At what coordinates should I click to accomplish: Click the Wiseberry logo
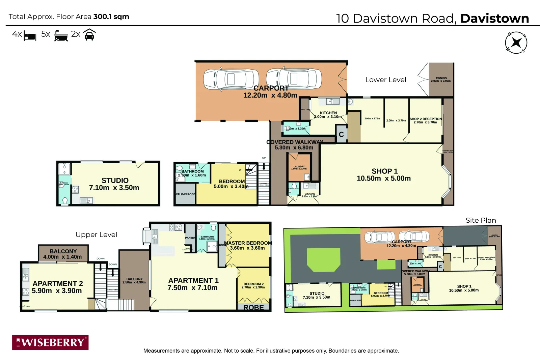tap(50, 342)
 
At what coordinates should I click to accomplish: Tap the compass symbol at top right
tap(516, 43)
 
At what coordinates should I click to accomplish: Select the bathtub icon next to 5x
tap(61, 35)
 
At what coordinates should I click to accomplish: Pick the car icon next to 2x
tap(89, 35)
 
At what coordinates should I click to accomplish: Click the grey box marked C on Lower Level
tap(341, 134)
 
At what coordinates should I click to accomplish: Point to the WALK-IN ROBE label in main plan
tap(185, 194)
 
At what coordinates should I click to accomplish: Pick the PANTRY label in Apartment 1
tap(190, 238)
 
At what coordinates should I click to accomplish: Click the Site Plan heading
tap(481, 220)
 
